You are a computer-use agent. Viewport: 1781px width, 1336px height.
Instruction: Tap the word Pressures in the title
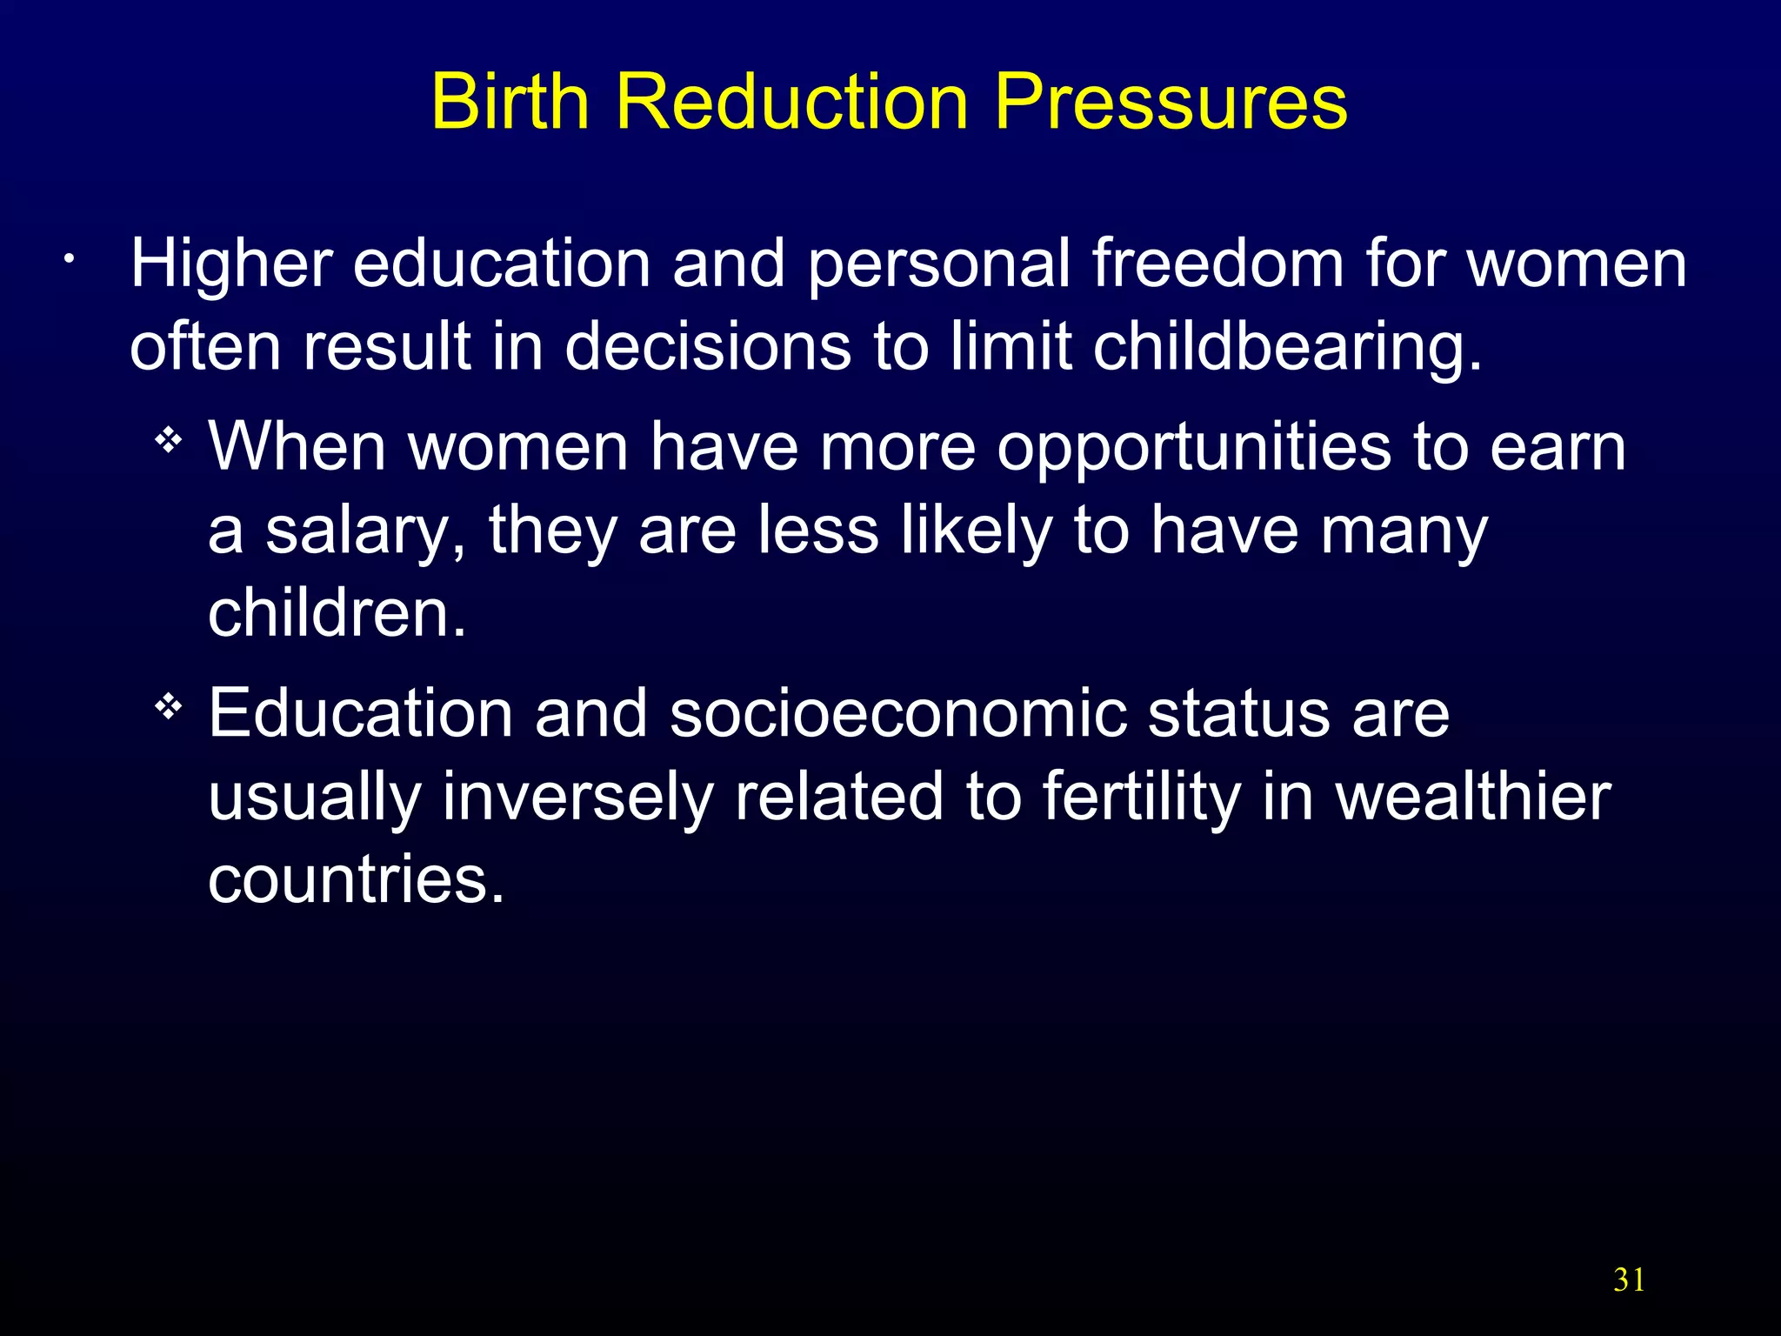coord(1171,103)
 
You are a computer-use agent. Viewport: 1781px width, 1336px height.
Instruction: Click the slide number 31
coord(1629,1280)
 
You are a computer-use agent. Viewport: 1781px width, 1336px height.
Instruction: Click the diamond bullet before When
coord(169,442)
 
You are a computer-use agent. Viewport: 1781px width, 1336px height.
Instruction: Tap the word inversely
coord(577,797)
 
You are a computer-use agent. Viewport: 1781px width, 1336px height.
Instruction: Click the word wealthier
coord(1473,797)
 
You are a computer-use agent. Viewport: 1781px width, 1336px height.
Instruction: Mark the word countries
coord(357,879)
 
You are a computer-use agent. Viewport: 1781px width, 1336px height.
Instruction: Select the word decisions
coord(708,346)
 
